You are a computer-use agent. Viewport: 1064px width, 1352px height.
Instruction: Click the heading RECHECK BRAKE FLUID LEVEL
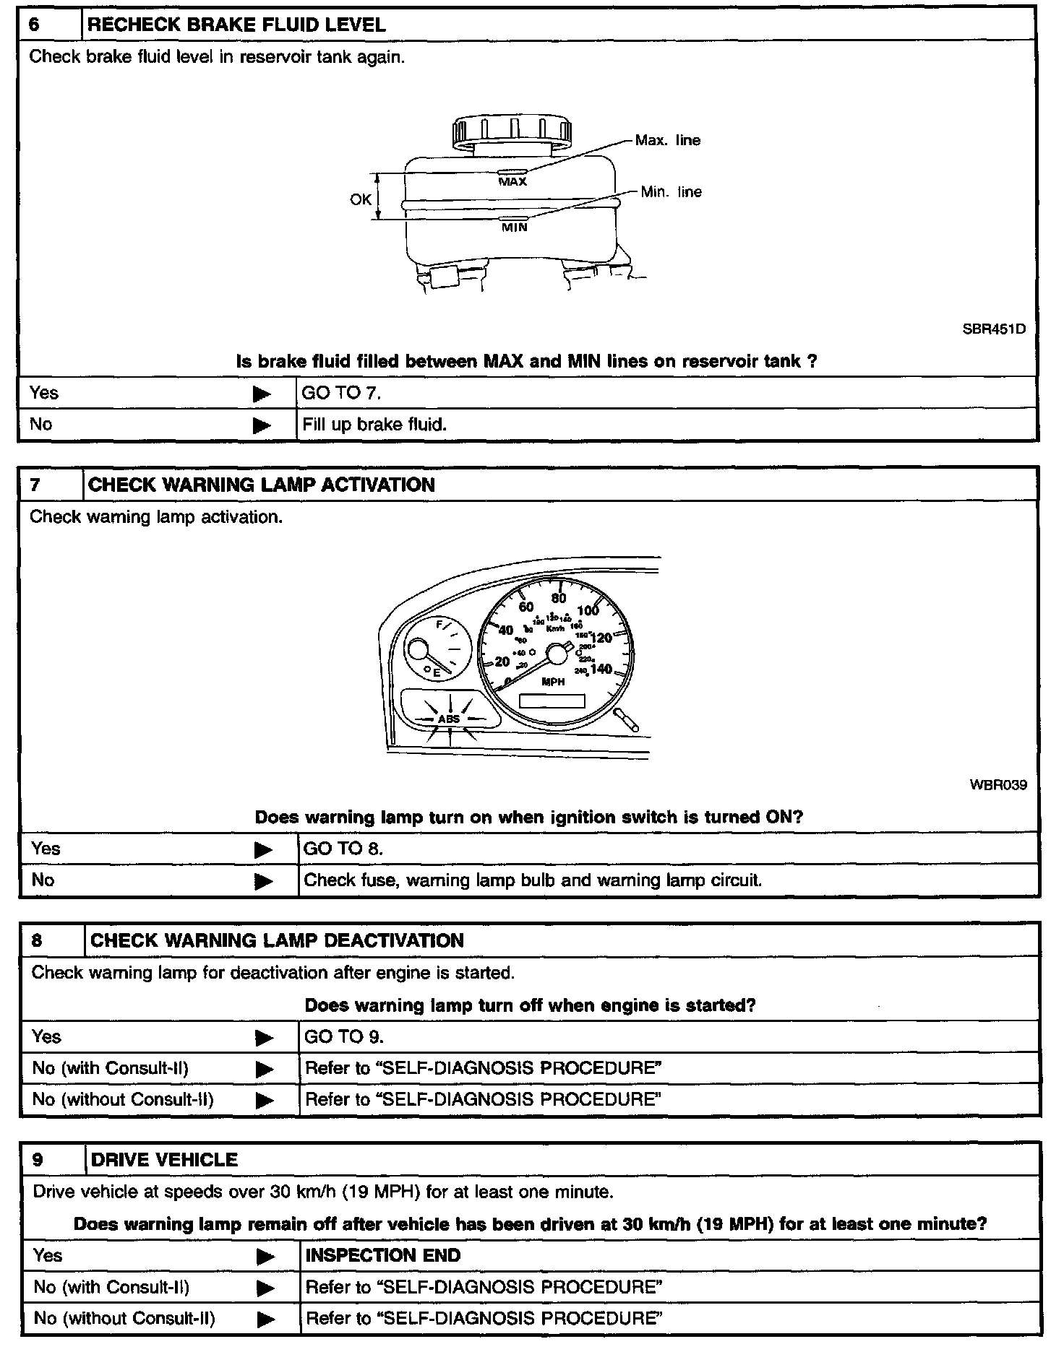click(x=236, y=25)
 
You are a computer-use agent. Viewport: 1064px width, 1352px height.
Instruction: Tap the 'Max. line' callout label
click(x=667, y=140)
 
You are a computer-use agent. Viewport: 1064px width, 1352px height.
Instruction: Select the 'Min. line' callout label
click(x=671, y=192)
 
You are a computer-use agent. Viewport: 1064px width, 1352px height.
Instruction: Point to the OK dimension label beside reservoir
click(x=361, y=199)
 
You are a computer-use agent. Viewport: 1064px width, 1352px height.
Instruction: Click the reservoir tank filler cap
click(x=511, y=134)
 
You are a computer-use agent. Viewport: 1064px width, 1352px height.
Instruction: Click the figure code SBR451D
click(x=993, y=329)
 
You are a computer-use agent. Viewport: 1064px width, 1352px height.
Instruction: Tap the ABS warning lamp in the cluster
click(x=449, y=719)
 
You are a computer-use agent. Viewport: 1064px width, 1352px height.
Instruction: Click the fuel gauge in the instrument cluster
click(x=437, y=649)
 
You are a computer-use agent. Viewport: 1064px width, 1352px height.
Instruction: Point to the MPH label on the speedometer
click(x=553, y=682)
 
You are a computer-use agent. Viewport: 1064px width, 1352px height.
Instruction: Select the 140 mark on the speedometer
click(x=601, y=669)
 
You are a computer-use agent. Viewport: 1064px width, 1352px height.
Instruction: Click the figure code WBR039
click(x=997, y=785)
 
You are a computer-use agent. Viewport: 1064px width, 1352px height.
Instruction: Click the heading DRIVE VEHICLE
click(x=164, y=1160)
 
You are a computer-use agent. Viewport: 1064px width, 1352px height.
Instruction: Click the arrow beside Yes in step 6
click(x=262, y=394)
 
